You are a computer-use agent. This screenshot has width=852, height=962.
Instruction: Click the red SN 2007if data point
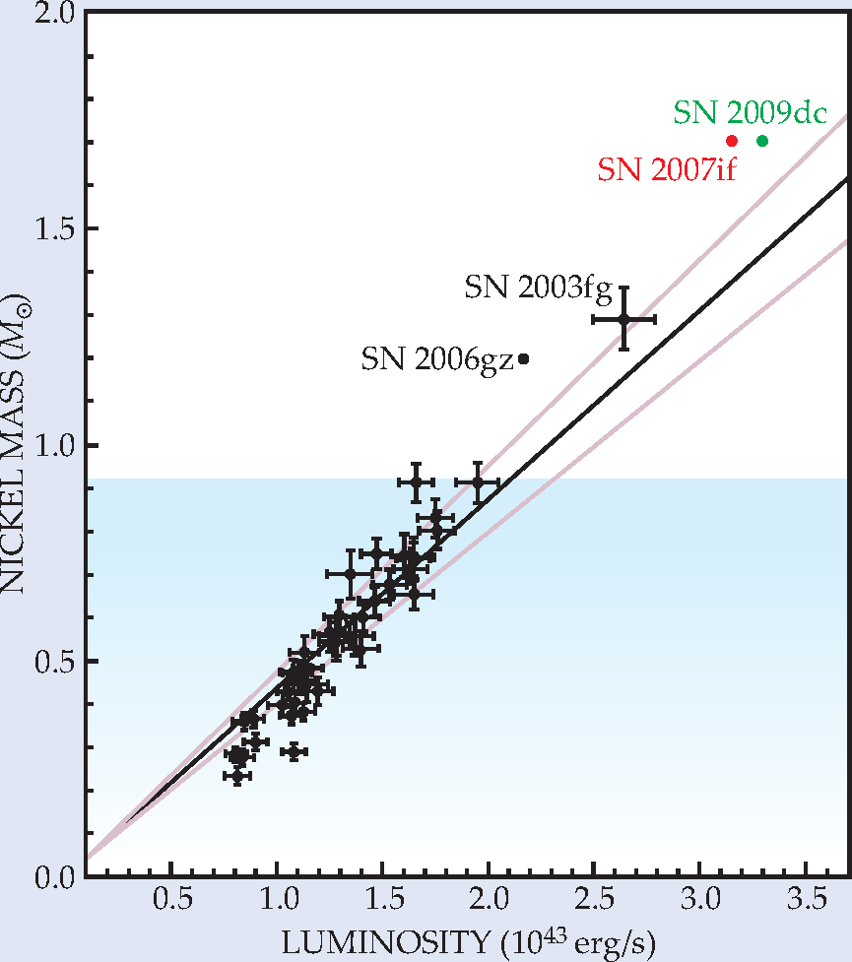click(731, 141)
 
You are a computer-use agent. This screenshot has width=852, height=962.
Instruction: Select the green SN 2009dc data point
click(761, 141)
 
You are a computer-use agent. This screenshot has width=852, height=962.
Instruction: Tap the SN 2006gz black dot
click(524, 358)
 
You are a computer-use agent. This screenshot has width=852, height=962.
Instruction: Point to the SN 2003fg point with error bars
click(623, 318)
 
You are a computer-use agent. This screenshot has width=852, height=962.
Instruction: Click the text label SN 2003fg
click(538, 289)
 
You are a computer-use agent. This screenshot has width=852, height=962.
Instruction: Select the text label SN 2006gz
click(437, 358)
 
